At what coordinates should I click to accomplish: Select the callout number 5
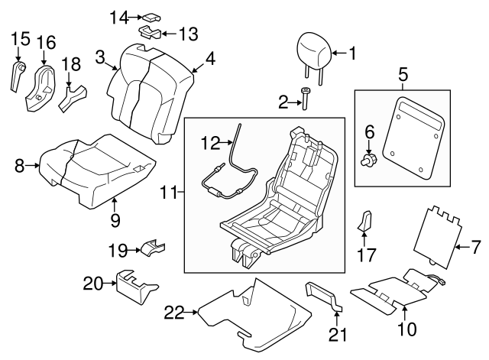pos(402,75)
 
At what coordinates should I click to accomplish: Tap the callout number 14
pos(118,16)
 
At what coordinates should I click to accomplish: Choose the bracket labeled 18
pos(74,95)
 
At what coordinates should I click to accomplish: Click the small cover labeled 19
pos(151,248)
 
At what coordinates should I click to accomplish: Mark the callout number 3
pos(100,56)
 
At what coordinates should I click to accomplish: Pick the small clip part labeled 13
pos(150,32)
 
